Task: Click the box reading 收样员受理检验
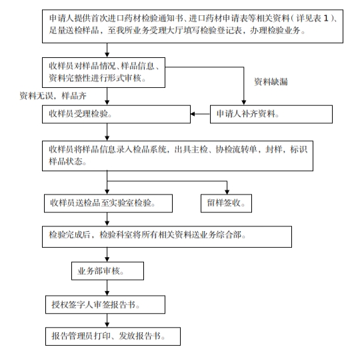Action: pos(116,114)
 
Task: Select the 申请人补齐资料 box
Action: pos(271,114)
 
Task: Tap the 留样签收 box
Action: pos(226,203)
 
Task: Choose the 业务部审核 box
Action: pos(107,271)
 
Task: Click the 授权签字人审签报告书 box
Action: pos(105,304)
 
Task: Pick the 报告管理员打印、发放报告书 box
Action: pos(113,336)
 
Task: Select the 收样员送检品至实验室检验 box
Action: pos(108,203)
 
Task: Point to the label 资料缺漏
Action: pos(271,82)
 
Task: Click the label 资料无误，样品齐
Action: pos(53,95)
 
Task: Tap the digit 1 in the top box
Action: pos(326,19)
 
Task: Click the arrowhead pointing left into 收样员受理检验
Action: pos(193,114)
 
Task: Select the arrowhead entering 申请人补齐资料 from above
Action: pos(243,103)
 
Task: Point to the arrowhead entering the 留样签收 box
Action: pos(227,192)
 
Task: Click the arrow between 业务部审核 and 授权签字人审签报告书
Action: pos(107,288)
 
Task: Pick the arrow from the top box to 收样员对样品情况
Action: pos(107,50)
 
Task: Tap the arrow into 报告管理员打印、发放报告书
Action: pos(107,320)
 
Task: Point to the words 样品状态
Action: pos(65,161)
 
